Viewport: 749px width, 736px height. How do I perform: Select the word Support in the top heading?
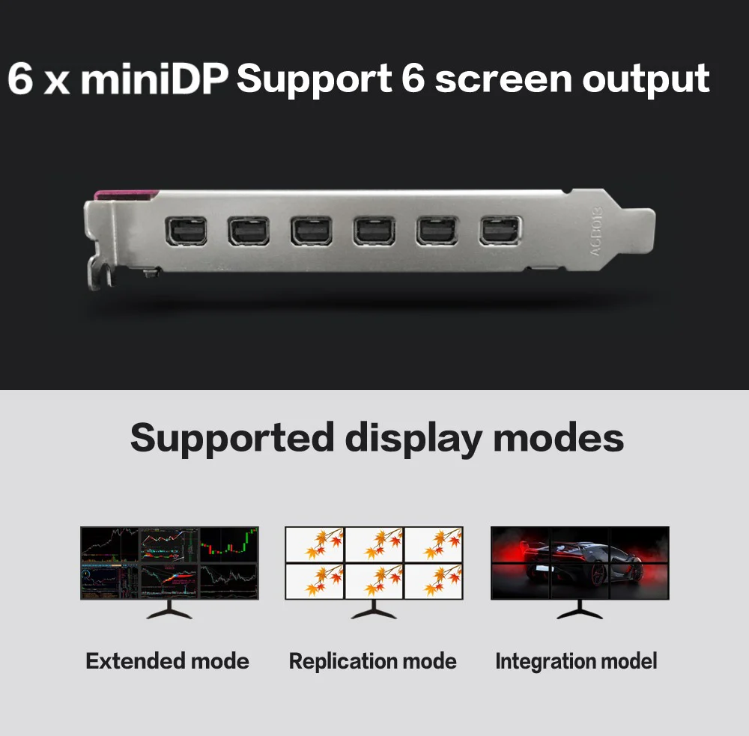(313, 79)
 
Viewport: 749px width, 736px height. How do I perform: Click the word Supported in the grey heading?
(232, 437)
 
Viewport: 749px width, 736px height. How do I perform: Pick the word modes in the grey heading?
(559, 437)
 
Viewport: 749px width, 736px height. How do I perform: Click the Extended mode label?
(167, 661)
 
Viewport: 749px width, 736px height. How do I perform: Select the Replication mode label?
(372, 661)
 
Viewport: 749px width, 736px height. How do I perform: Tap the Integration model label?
(576, 661)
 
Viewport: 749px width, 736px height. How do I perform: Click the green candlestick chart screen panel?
(229, 544)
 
